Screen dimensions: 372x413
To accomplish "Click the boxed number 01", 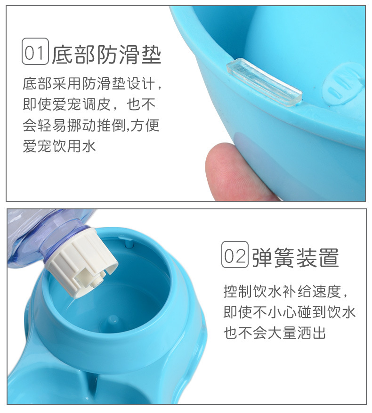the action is [x=35, y=51].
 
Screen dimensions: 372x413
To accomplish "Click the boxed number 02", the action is [x=235, y=254].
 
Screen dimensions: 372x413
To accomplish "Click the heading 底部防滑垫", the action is [x=106, y=55].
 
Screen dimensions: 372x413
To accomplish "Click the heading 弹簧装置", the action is [x=296, y=258].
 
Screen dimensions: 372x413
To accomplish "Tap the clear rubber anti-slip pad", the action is [x=264, y=82].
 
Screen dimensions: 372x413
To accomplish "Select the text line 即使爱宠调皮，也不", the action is [x=89, y=104].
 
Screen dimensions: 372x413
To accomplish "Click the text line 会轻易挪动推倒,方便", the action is [x=91, y=125].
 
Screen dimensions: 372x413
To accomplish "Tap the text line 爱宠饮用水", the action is [x=59, y=146].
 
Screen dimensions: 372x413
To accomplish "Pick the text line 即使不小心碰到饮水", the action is [x=290, y=312].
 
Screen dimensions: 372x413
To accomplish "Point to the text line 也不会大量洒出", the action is [x=275, y=333].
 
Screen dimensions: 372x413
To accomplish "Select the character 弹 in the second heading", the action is [x=262, y=258].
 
